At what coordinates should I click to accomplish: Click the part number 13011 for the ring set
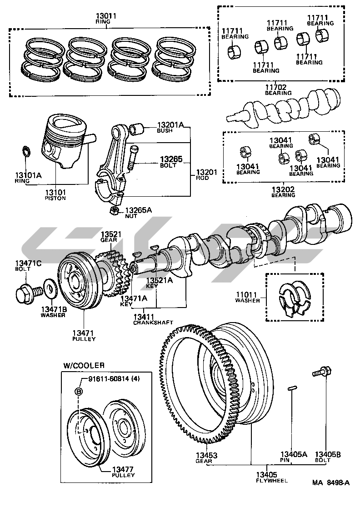[x=106, y=16]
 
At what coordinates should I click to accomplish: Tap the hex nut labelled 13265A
[x=115, y=210]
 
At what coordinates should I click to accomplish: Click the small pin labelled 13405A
[x=293, y=388]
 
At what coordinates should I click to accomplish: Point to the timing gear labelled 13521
[x=113, y=273]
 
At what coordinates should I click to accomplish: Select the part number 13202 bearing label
[x=283, y=189]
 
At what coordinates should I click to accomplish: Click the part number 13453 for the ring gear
[x=207, y=455]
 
